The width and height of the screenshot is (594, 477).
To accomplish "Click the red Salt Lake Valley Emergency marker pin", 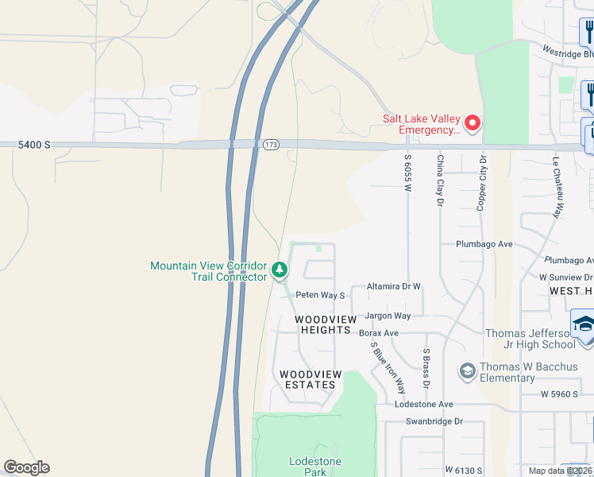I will coord(472,123).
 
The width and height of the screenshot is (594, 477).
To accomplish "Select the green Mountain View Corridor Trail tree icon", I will coord(280,270).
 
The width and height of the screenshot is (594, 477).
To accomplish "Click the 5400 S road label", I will coord(36,145).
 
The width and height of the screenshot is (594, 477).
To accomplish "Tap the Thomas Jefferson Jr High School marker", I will coord(583,327).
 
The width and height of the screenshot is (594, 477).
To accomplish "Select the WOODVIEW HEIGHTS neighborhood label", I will coord(322,324).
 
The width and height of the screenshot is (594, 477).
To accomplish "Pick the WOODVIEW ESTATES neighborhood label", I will coord(310,379).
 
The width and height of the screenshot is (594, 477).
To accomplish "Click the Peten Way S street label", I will coord(320,295).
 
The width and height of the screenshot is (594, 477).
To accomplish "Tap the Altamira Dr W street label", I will coord(393,286).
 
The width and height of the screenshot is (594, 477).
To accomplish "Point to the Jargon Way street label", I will coord(388,316).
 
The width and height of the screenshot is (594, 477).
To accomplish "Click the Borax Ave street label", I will coord(379,332).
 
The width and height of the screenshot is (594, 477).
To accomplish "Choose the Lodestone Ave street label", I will coord(424,405).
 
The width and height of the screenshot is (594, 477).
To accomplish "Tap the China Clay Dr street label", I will coord(439,180).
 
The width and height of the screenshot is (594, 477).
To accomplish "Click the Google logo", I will coord(26,467).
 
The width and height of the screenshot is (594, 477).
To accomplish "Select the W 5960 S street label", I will coord(559,394).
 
